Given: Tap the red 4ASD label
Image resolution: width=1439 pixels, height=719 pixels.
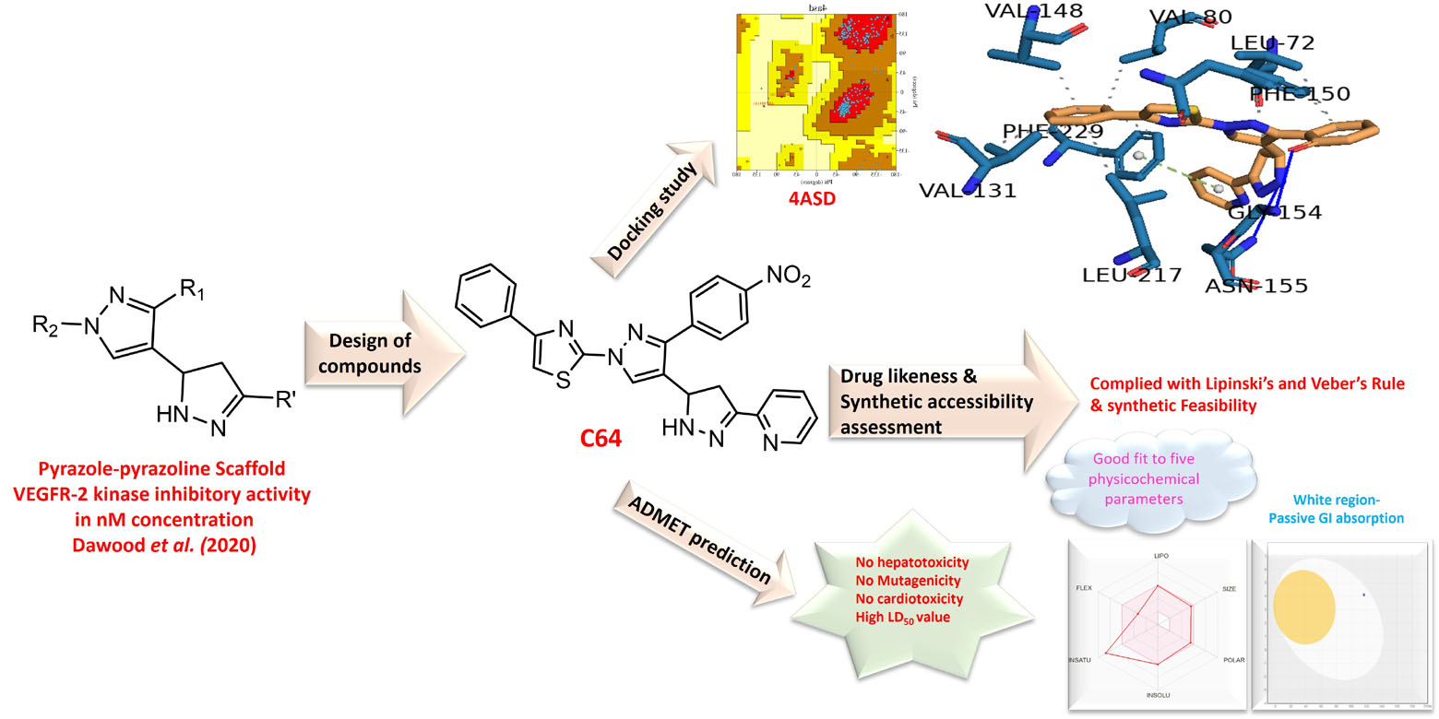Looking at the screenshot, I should click(811, 197).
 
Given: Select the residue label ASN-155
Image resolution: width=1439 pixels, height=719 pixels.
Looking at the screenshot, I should click(1256, 286).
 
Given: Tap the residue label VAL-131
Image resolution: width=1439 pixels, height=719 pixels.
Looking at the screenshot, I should click(967, 191).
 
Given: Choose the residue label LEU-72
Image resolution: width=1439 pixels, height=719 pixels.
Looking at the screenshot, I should click(1272, 43).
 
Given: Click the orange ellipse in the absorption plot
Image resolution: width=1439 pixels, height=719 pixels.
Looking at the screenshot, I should click(1303, 607).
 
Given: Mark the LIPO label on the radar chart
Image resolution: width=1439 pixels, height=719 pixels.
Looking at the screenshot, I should click(1160, 557).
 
